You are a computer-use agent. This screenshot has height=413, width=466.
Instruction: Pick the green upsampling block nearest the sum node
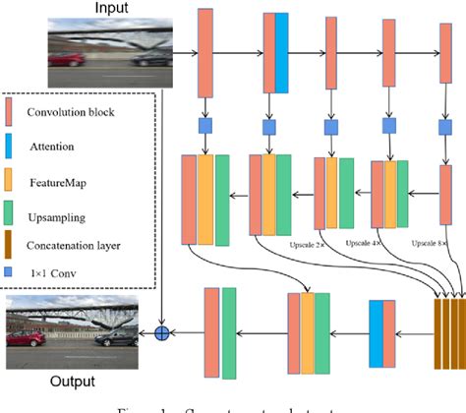tap(229, 332)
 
